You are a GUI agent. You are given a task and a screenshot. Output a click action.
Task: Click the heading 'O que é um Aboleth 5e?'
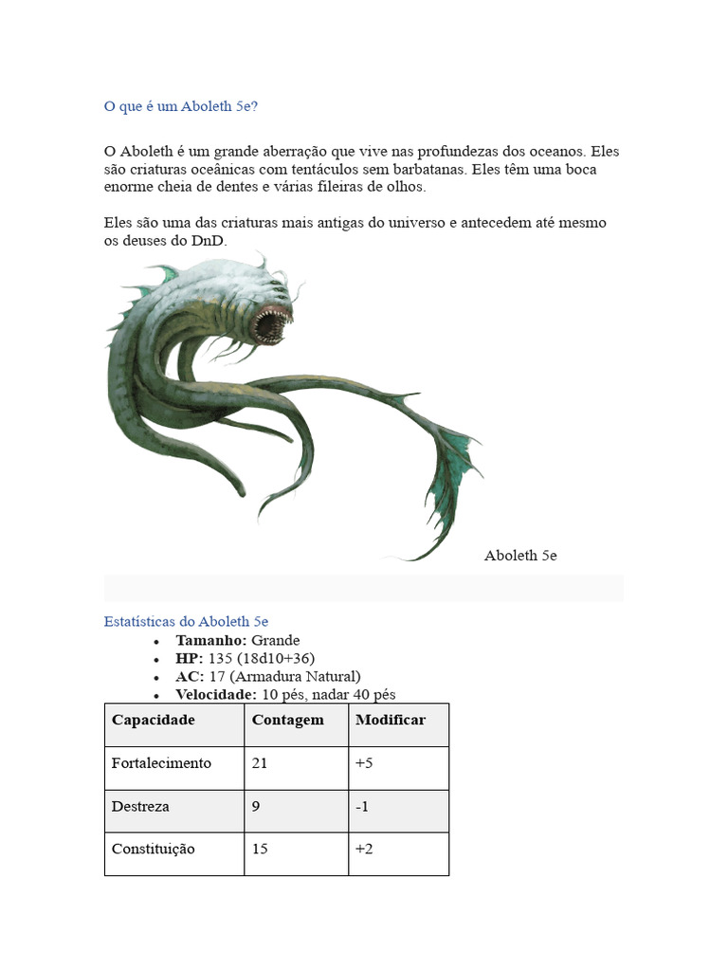[x=181, y=106]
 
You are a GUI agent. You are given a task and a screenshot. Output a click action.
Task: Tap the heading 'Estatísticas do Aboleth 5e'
[x=186, y=621]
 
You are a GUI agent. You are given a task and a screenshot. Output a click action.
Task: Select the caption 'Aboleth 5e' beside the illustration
[x=520, y=556]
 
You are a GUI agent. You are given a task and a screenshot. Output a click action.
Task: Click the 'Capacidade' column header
[x=154, y=720]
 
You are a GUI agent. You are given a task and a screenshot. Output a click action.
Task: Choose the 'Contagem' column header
[x=287, y=720]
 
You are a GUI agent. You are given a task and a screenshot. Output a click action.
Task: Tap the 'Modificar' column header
[x=391, y=720]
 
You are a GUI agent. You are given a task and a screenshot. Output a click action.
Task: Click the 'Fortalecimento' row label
[x=161, y=763]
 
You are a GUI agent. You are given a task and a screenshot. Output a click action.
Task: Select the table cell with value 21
[x=260, y=763]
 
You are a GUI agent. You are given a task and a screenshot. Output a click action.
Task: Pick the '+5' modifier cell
[x=364, y=763]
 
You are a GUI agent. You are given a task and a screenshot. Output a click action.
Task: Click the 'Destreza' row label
[x=140, y=806]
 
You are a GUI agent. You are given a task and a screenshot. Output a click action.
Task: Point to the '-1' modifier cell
[x=361, y=806]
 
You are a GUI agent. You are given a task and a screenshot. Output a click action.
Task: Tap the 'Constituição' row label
[x=154, y=849]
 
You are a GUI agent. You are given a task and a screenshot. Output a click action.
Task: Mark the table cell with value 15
[x=260, y=849]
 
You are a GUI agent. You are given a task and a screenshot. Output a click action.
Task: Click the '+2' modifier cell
[x=364, y=849]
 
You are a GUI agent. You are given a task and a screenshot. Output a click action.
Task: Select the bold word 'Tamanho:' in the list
[x=211, y=640]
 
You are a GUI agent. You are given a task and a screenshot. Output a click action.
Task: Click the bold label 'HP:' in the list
[x=190, y=658]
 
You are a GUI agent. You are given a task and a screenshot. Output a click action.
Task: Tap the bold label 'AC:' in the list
[x=190, y=676]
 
